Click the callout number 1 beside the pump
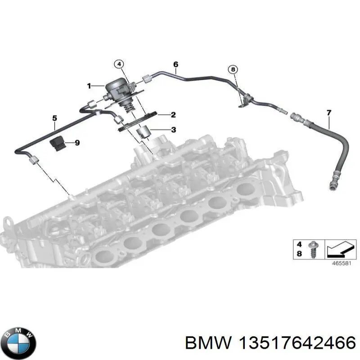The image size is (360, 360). click(x=89, y=86)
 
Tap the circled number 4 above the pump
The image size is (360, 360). click(x=119, y=64)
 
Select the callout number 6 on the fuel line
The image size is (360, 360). click(x=175, y=64)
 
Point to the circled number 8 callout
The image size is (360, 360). click(x=233, y=69)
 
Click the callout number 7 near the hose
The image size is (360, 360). click(x=329, y=113)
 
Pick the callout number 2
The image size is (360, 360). click(x=173, y=115)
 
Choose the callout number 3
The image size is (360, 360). click(x=174, y=130)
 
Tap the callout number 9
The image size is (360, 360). click(x=77, y=143)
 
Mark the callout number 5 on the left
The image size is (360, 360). click(x=54, y=118)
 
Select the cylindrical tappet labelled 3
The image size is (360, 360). click(x=143, y=132)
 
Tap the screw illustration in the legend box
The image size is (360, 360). click(x=313, y=249)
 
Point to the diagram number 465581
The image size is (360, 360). click(x=342, y=263)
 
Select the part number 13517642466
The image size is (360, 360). click(x=297, y=343)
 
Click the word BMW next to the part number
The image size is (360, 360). click(x=208, y=343)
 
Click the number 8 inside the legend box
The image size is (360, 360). click(x=299, y=254)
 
